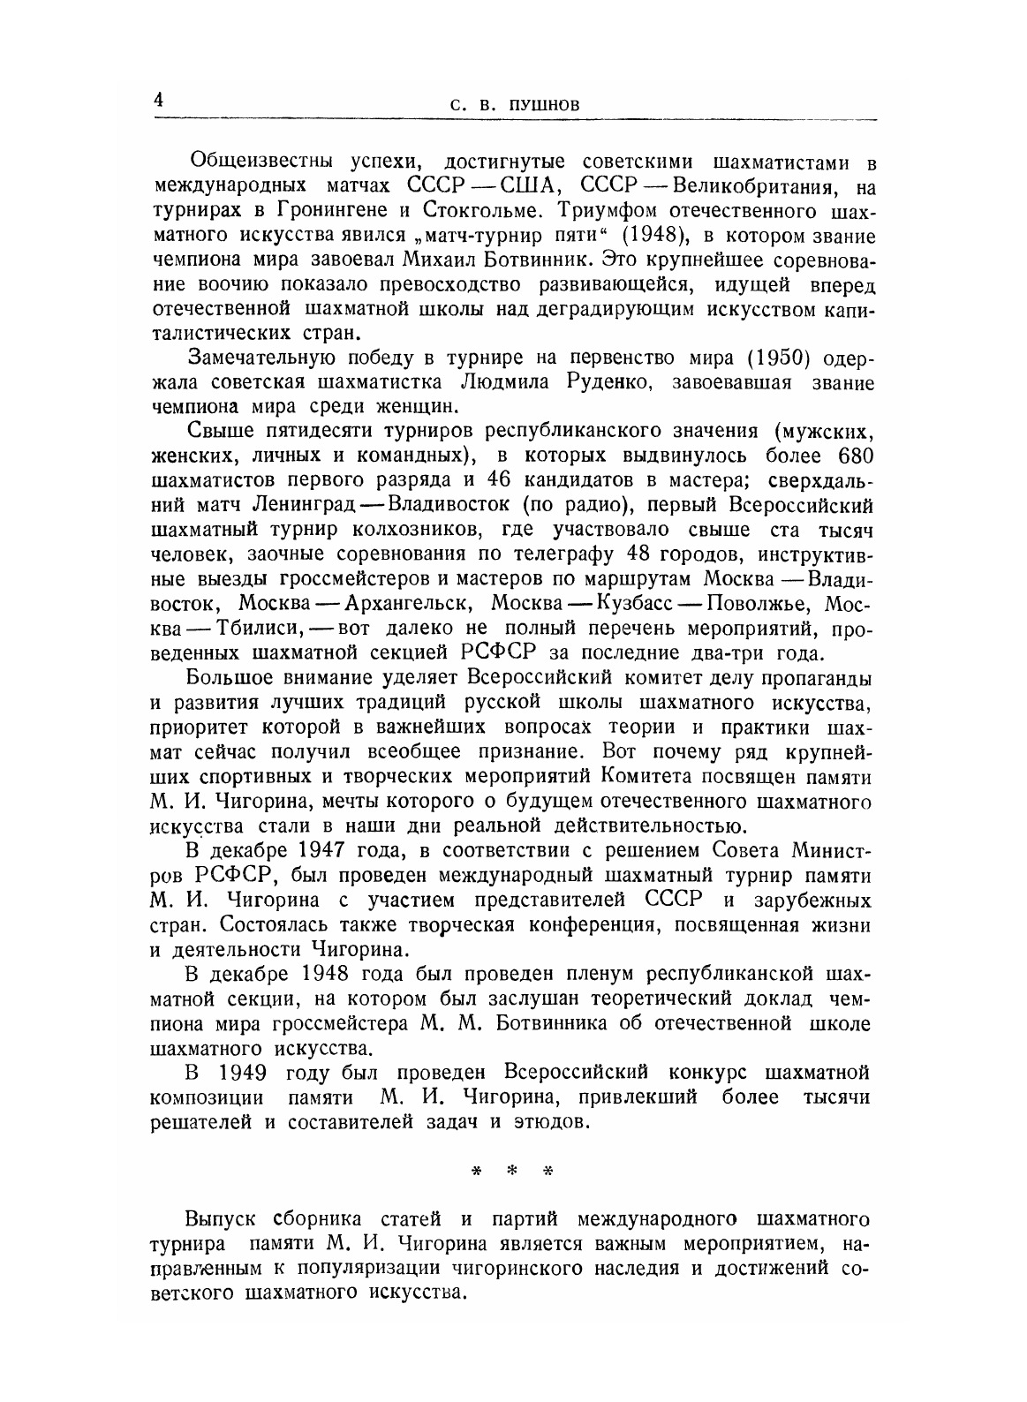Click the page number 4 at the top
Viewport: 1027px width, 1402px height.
[159, 100]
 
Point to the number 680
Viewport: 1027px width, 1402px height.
[848, 456]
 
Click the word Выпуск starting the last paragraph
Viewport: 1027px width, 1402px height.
[221, 1220]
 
